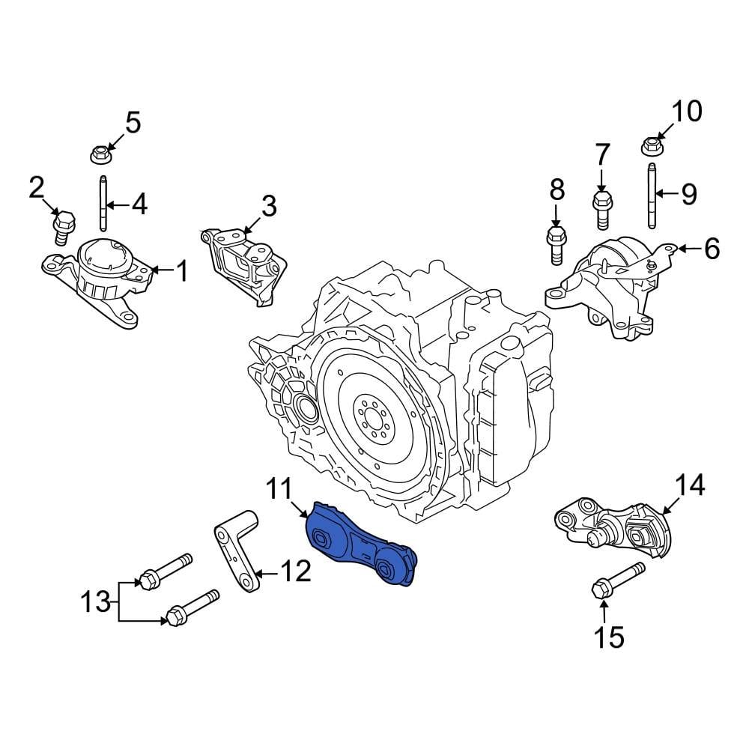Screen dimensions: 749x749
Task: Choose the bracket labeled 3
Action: coord(243,263)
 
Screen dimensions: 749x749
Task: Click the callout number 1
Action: coord(181,271)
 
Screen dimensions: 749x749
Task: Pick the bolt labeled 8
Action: coord(556,245)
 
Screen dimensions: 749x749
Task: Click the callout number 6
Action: coord(711,248)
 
